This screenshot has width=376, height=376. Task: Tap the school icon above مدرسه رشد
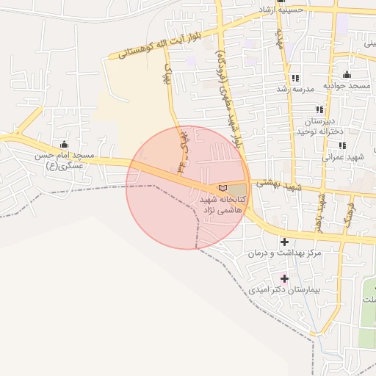pos(294,78)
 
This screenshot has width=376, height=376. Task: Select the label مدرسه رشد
pos(294,89)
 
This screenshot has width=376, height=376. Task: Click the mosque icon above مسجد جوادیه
pos(347,75)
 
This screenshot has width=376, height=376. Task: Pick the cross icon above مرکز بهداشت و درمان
pos(284,242)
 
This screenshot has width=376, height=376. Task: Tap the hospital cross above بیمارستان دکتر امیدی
pos(284,278)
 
